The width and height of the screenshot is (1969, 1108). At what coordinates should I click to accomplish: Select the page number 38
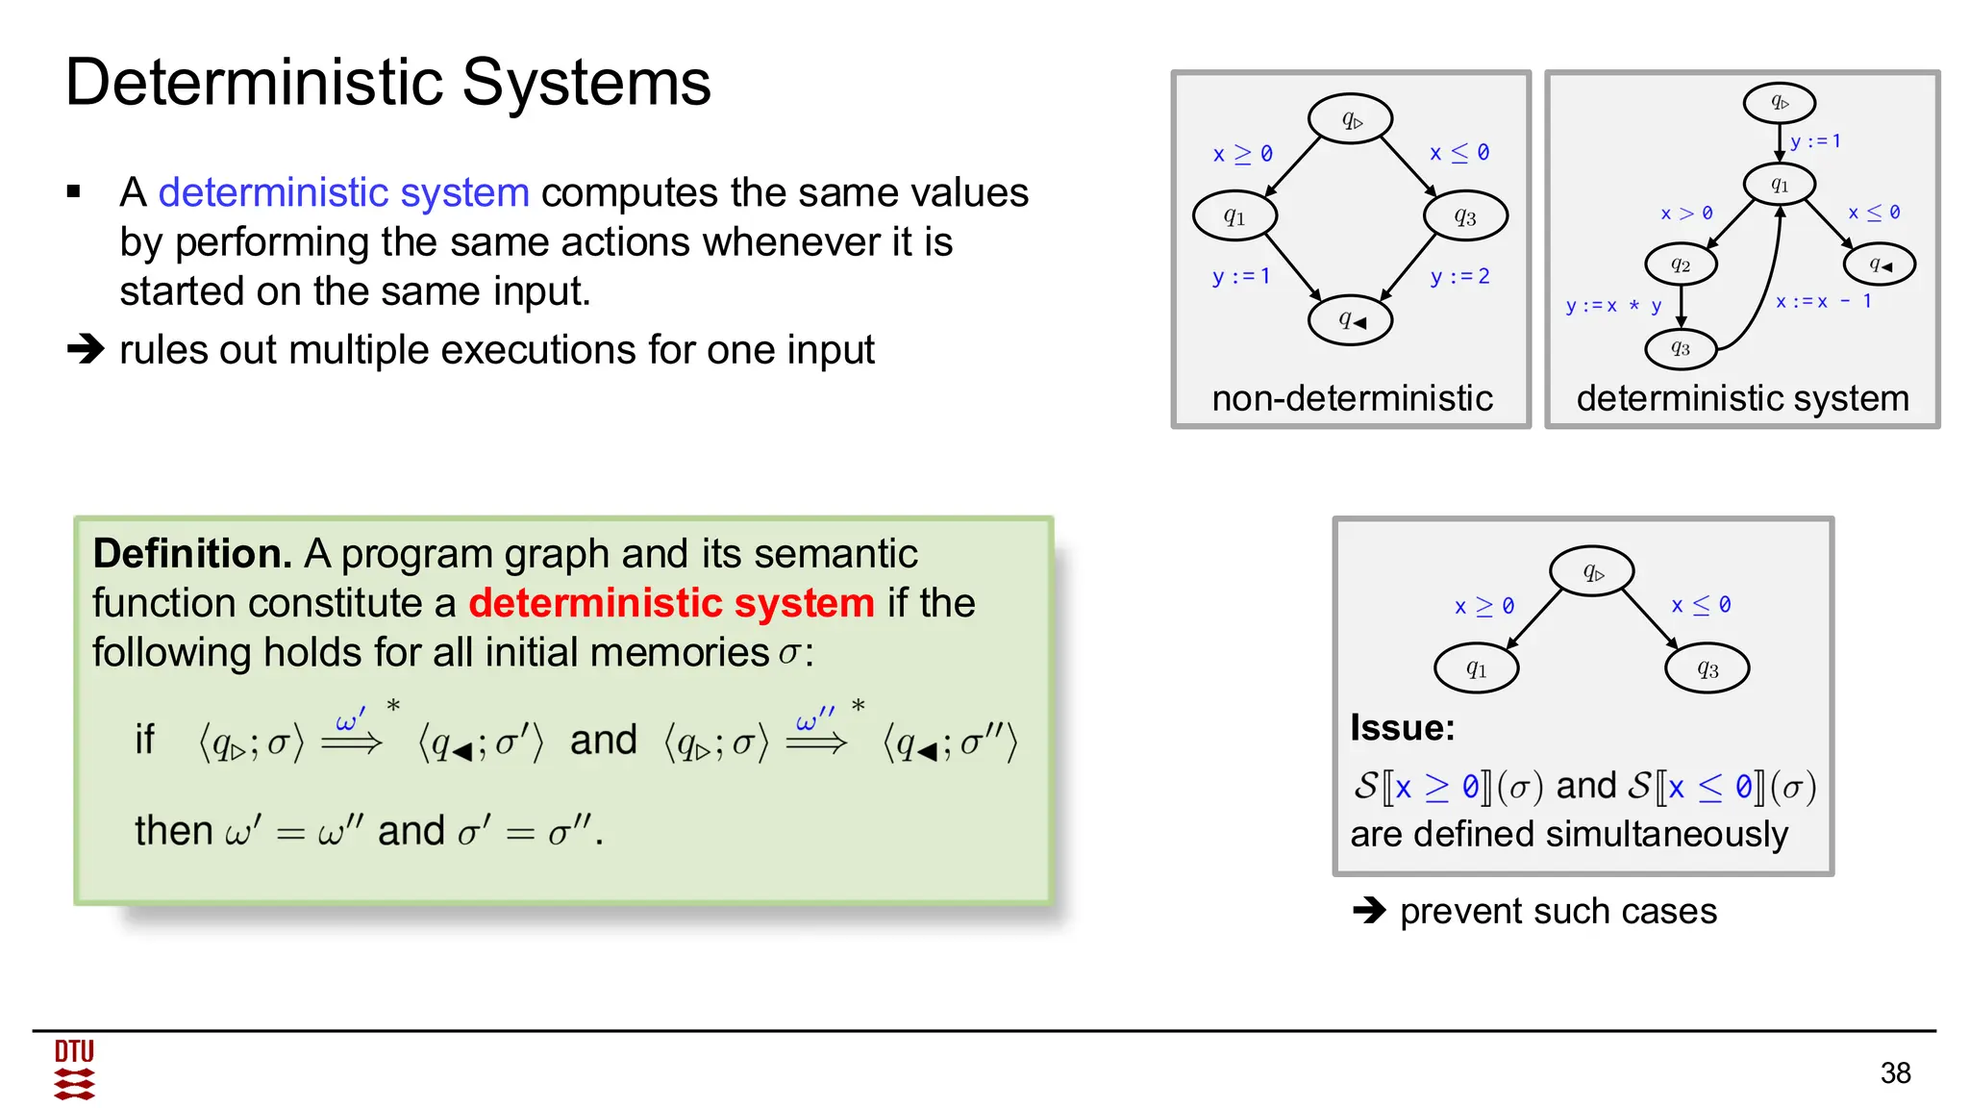point(1895,1072)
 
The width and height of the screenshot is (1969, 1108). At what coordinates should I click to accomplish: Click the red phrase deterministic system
point(671,603)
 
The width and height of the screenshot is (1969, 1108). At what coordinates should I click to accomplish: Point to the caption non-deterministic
point(1352,397)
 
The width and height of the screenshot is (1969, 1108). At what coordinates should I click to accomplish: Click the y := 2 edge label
point(1459,277)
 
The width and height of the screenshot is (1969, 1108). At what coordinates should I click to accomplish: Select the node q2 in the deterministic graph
point(1681,264)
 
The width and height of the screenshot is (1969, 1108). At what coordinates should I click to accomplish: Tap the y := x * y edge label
point(1613,306)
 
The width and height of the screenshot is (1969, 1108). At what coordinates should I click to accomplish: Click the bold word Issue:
point(1402,728)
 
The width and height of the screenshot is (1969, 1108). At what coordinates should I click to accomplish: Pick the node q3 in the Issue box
point(1707,668)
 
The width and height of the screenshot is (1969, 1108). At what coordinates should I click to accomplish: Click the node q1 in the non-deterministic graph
point(1234,216)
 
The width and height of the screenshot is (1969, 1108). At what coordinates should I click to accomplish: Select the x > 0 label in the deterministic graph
point(1686,213)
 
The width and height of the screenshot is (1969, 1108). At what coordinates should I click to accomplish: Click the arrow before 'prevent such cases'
point(1369,910)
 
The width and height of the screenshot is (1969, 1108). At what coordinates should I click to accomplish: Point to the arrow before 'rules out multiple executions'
point(86,349)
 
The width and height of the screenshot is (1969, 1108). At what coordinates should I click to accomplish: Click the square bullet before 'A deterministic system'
point(74,192)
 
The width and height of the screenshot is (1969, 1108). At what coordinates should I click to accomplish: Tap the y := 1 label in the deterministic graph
point(1815,141)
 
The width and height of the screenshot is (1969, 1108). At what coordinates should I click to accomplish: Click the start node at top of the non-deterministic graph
point(1351,119)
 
